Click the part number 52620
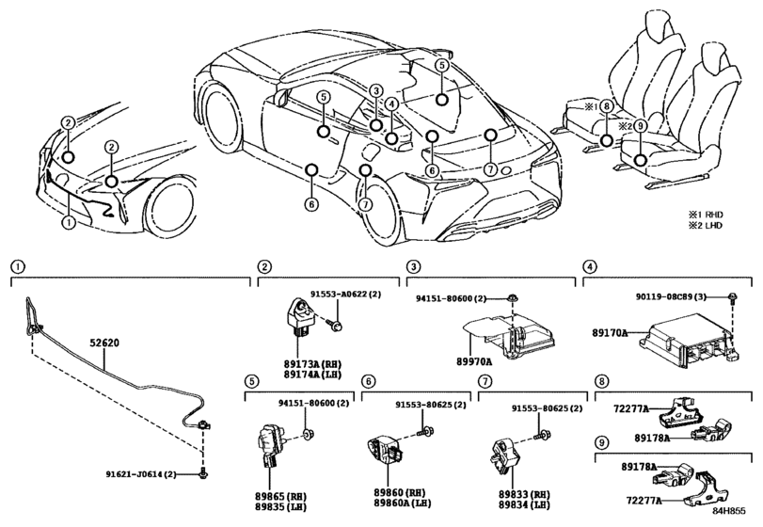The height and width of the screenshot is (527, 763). pyautogui.click(x=104, y=345)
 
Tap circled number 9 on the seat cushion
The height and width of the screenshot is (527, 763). pyautogui.click(x=639, y=126)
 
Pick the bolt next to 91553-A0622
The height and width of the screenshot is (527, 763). pyautogui.click(x=336, y=327)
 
